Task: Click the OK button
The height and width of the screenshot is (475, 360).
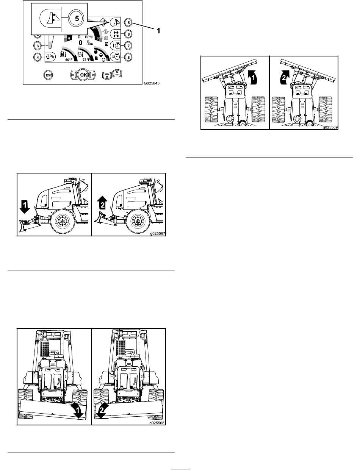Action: pyautogui.click(x=83, y=75)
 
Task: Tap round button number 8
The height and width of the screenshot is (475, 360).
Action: pyautogui.click(x=128, y=57)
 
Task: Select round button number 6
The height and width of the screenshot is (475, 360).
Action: pyautogui.click(x=128, y=34)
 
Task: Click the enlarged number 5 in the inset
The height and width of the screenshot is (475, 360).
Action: pyautogui.click(x=77, y=19)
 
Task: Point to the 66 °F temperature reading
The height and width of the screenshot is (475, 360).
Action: pyautogui.click(x=69, y=60)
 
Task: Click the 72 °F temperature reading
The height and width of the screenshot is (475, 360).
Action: pyautogui.click(x=86, y=60)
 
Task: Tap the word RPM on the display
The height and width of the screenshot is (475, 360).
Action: pyautogui.click(x=89, y=37)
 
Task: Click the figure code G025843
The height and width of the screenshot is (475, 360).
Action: pyautogui.click(x=152, y=83)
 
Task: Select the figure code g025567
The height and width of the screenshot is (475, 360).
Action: pyautogui.click(x=158, y=233)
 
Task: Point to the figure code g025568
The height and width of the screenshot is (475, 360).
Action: pyautogui.click(x=157, y=423)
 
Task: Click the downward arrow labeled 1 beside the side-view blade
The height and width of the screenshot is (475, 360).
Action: pyautogui.click(x=25, y=207)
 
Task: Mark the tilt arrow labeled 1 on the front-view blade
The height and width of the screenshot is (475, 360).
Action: pyautogui.click(x=77, y=409)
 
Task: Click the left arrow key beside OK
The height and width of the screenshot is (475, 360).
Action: pyautogui.click(x=73, y=75)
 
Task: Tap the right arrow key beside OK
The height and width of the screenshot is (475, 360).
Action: pyautogui.click(x=92, y=75)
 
